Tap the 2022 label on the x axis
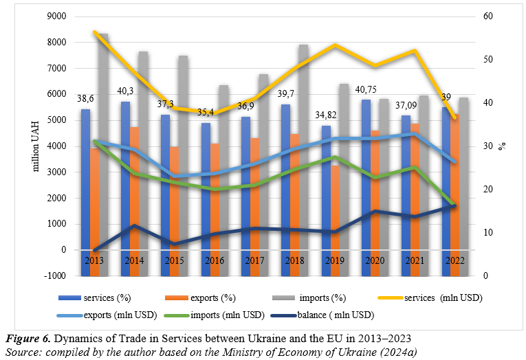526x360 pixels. [454, 262]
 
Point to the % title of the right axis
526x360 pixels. [502, 146]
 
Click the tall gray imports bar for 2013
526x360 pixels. [104, 137]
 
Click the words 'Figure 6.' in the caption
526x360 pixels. [28, 339]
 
